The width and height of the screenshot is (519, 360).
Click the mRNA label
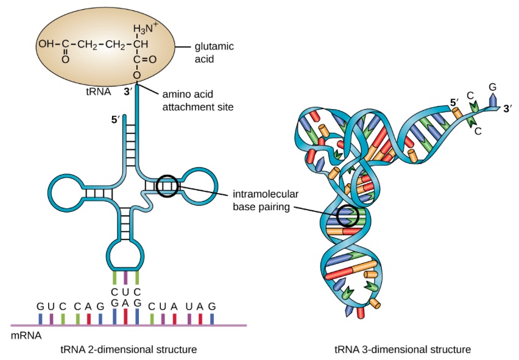click(24, 335)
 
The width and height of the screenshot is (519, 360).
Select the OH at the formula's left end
click(45, 44)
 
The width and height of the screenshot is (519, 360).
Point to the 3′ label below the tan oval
click(127, 93)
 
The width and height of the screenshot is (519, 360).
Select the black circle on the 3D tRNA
click(347, 215)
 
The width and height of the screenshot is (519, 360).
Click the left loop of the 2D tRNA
click(65, 194)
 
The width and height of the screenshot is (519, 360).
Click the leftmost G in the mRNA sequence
click(40, 306)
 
